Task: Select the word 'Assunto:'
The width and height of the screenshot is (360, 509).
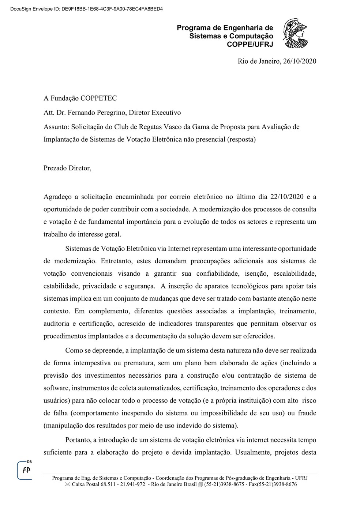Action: pyautogui.click(x=56, y=127)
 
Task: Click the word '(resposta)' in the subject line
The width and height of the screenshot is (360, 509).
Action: pyautogui.click(x=241, y=139)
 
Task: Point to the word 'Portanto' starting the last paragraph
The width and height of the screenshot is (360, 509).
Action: pyautogui.click(x=77, y=440)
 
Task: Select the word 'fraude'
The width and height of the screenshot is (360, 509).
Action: pyautogui.click(x=307, y=413)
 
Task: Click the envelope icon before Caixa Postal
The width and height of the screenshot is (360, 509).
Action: pyautogui.click(x=67, y=485)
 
